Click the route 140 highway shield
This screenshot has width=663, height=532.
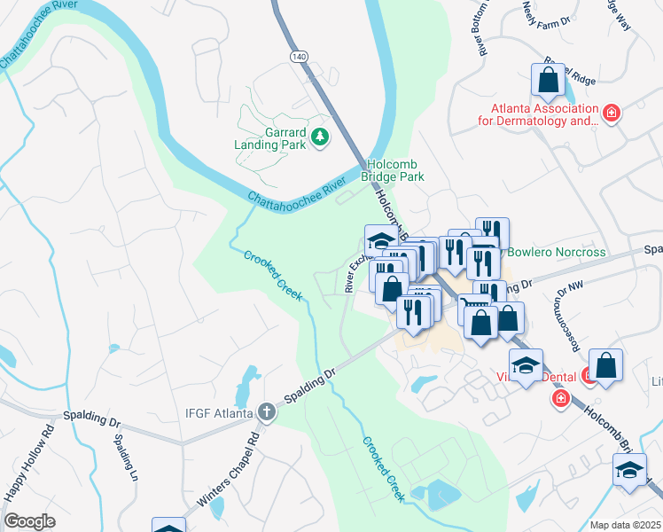pos(298,56)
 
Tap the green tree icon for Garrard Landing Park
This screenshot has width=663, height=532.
pos(319,137)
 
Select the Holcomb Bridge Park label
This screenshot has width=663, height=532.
pos(396,170)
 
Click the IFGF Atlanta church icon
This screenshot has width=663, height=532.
pos(265,411)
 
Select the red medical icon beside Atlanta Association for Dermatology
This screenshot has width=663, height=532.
pos(610,113)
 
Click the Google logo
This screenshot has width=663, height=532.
pos(29,521)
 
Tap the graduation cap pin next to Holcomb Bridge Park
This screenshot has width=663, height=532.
pos(381,240)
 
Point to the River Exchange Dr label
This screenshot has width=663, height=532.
pos(353,271)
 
